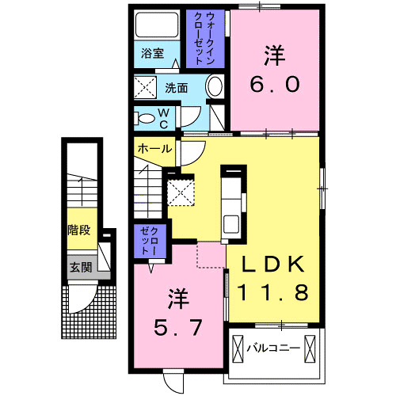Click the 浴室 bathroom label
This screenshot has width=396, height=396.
tap(153, 54)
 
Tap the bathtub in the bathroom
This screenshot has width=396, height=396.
tap(157, 26)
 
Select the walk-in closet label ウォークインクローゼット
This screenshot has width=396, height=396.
tap(204, 38)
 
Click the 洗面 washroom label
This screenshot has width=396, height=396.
tap(177, 87)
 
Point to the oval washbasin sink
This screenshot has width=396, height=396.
tap(214, 87)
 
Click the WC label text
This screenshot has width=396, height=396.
tap(162, 119)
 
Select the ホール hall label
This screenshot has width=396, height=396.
tap(154, 149)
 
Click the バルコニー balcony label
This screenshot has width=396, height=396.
tap(272, 347)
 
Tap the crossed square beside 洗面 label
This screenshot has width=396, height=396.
tap(145, 86)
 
